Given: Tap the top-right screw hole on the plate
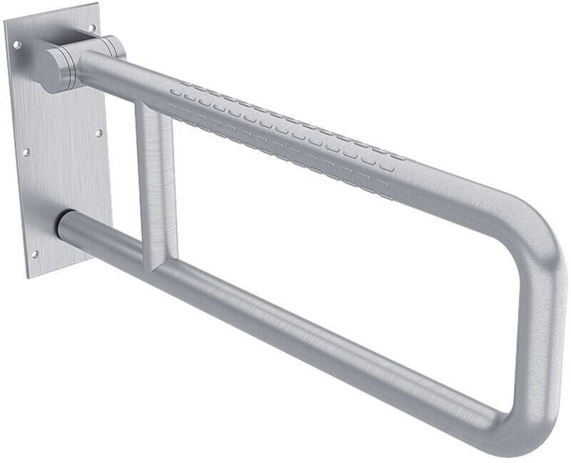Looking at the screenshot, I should [92, 27].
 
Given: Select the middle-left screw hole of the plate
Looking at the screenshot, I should [26, 152].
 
